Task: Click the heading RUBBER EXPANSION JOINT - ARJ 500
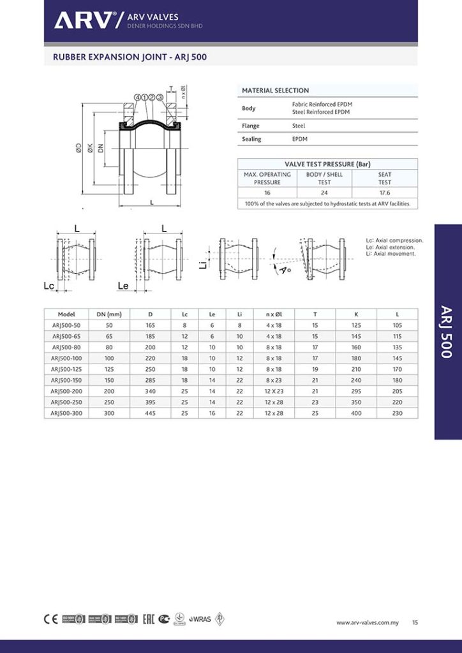pos(130,57)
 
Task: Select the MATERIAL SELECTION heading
pos(275,91)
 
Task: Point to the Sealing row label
pos(251,139)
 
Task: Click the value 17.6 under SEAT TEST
pos(384,192)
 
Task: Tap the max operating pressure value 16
pos(267,192)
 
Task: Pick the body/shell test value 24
pos(324,192)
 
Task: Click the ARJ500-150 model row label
pos(66,379)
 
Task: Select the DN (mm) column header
pos(109,314)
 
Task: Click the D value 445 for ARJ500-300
pos(151,413)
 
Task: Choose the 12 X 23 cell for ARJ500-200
pos(274,391)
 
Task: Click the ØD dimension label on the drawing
pos(78,150)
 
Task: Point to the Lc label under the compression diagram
pos(48,287)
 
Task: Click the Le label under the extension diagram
pos(123,287)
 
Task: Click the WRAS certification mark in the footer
pos(201,619)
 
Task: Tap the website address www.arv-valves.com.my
pos(367,622)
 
